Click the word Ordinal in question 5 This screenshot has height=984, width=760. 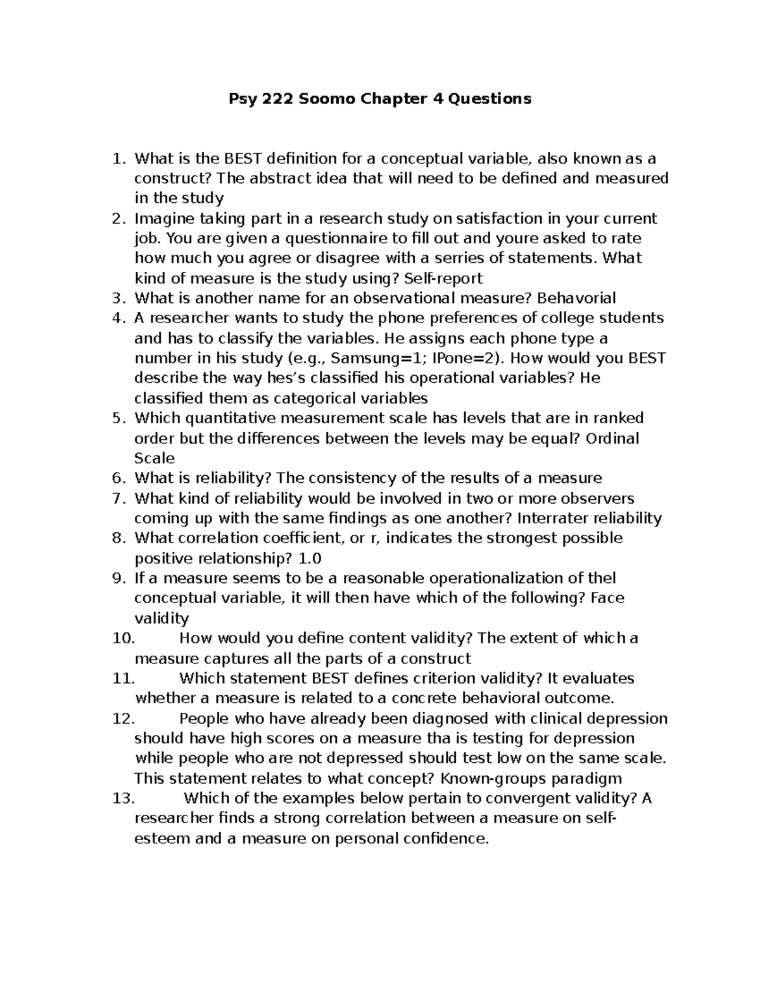[x=612, y=438]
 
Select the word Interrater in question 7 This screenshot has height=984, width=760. [x=548, y=518]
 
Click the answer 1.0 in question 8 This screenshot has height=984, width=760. [x=310, y=558]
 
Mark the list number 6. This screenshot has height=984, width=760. [x=119, y=478]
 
